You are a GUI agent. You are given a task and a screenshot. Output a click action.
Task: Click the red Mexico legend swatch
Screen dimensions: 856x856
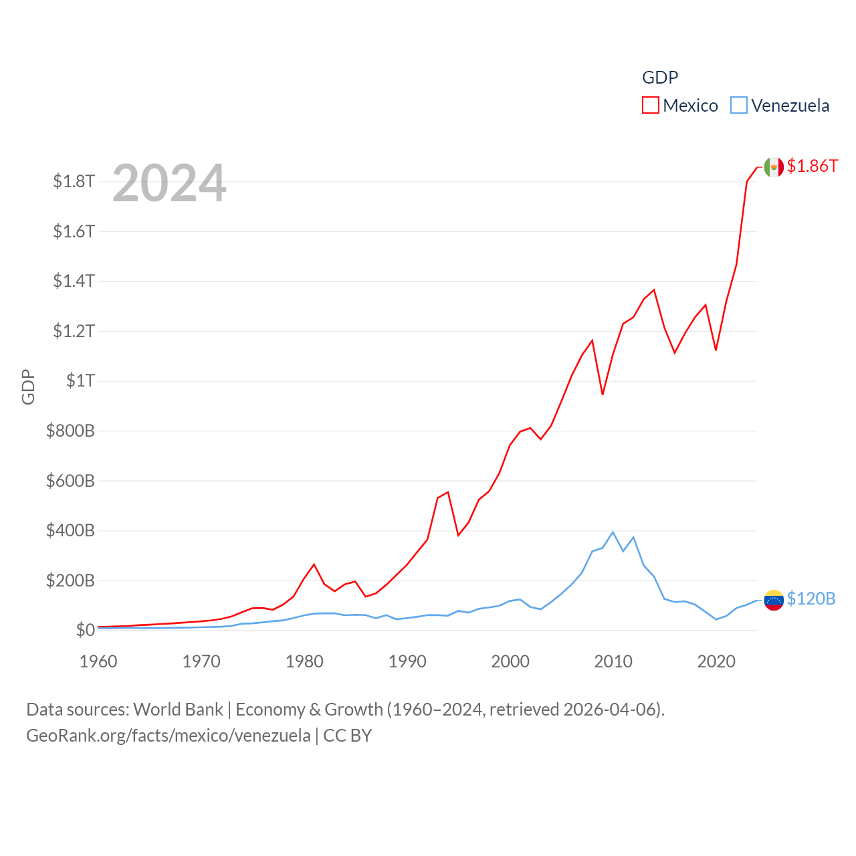pos(650,106)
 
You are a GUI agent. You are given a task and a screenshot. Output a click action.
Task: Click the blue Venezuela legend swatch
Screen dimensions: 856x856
pos(738,106)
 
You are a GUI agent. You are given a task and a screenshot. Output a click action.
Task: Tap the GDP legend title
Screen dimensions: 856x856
pos(660,78)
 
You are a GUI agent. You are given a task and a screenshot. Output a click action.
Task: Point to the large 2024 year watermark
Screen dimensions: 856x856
pos(169,183)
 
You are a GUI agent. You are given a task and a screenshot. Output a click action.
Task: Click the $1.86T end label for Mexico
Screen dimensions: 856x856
pos(812,166)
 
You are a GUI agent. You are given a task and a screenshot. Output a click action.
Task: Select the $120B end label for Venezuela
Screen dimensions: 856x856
pos(811,599)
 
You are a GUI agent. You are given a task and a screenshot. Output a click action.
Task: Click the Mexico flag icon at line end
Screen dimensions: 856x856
pos(774,167)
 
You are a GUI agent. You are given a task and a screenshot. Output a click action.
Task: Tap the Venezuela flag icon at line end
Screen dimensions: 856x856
pos(774,600)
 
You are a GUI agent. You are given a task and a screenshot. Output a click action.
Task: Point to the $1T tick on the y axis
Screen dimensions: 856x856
pos(80,381)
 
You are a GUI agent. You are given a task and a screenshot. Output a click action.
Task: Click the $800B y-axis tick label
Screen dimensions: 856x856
pos(70,431)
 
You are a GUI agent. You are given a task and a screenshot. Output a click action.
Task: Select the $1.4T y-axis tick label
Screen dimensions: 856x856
pos(74,281)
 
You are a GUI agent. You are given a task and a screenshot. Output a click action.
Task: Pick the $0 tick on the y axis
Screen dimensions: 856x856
pos(85,630)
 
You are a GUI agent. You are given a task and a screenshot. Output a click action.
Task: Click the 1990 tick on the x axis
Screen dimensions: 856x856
pos(407,661)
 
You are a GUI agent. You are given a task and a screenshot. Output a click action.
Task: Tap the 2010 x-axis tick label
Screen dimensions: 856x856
pos(613,661)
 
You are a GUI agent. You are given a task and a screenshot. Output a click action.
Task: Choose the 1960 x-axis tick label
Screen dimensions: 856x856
pos(98,661)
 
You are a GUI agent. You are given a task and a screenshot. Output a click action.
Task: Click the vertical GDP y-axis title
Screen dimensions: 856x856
pos(27,387)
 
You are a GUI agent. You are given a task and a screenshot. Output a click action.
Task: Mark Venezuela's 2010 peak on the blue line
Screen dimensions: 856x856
pos(613,532)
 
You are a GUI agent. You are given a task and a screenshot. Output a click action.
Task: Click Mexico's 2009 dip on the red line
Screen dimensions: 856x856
pos(603,394)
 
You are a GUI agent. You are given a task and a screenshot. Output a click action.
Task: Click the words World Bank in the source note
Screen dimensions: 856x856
pos(178,710)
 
